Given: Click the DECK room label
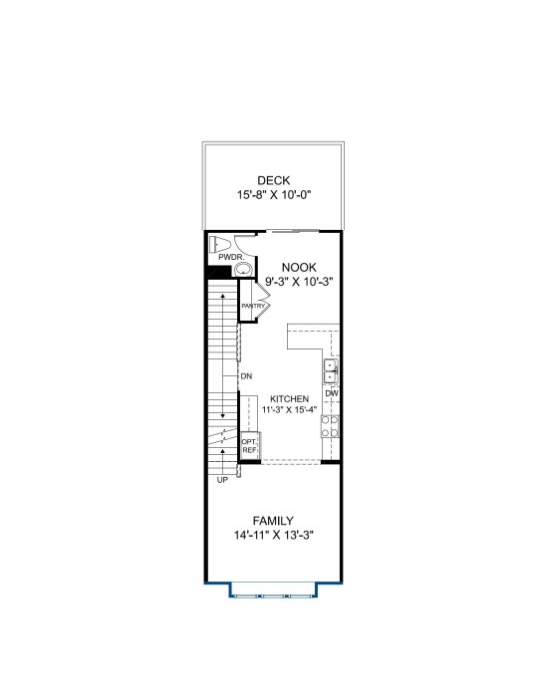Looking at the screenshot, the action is (273, 180).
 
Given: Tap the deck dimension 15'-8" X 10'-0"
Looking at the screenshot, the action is (273, 195).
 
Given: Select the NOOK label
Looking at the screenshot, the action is (299, 267).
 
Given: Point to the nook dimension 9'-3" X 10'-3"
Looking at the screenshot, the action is (299, 282).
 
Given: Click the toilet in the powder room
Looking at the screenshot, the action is (221, 245).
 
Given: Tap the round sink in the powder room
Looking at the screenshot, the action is (242, 269).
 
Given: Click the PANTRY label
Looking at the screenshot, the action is (253, 306).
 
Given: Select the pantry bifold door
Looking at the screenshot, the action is (262, 301).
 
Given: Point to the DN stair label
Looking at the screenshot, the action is (246, 376).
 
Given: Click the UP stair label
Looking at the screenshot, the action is (222, 480).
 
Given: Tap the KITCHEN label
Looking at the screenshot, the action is (289, 399).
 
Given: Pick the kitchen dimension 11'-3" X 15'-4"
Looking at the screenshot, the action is (289, 409).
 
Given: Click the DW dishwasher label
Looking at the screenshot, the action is (332, 393).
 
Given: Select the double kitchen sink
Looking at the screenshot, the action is (331, 371).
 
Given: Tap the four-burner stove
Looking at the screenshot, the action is (330, 426).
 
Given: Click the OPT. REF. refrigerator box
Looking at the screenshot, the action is (250, 446).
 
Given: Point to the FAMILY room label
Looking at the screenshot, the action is (273, 521).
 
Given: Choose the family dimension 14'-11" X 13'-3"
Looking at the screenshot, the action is (274, 536).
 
